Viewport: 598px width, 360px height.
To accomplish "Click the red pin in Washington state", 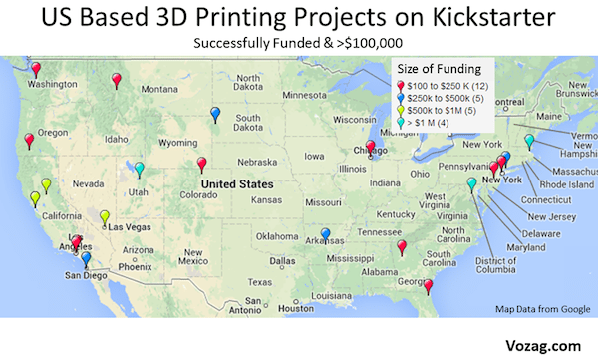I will click(37, 69).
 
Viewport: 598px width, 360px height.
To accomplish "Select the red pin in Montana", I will click(117, 79).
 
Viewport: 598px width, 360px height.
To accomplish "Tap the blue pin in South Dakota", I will click(215, 114).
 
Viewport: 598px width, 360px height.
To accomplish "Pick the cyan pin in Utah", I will click(140, 169).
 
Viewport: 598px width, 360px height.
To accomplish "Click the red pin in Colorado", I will click(202, 164).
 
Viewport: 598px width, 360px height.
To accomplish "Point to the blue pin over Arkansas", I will click(325, 235).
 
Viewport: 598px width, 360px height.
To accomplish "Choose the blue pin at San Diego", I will click(86, 259).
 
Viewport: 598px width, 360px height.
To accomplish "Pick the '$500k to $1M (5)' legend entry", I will click(440, 111).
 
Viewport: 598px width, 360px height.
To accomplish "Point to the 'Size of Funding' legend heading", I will click(440, 69).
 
